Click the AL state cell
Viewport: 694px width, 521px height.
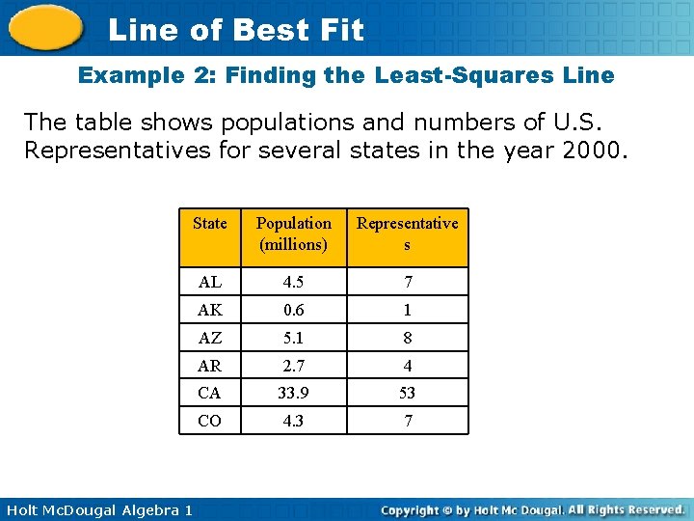(209, 282)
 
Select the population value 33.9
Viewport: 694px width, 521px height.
(294, 393)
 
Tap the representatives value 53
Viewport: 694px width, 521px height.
(407, 393)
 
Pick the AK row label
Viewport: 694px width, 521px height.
(209, 310)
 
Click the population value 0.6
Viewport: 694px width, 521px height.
(294, 310)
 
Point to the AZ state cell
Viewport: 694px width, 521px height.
(209, 338)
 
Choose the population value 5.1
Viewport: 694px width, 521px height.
(294, 338)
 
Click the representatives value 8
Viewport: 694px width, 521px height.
(407, 338)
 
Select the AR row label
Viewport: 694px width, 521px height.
(209, 366)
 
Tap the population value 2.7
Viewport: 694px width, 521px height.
(294, 366)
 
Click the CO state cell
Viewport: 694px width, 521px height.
(209, 421)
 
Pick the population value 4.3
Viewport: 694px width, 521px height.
(294, 421)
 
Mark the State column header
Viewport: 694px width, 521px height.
(209, 224)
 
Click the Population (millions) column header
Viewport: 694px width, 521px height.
(294, 233)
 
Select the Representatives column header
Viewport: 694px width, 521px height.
(407, 233)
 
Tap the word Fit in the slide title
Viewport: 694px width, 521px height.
(337, 30)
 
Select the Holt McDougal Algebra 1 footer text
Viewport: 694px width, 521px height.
(96, 509)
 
